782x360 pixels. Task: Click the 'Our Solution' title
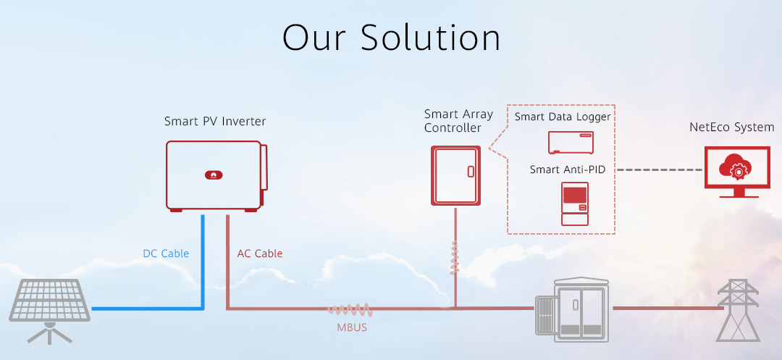392,38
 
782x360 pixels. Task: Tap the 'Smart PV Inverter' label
215,121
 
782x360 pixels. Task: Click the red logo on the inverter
214,175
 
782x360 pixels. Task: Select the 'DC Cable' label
166,254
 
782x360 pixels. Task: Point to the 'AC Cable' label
259,254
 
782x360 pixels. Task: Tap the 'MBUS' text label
352,327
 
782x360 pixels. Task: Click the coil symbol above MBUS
350,309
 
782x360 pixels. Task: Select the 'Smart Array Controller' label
458,121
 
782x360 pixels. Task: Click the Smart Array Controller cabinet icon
456,175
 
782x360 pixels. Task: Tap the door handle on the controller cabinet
471,171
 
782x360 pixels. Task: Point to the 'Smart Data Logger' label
563,117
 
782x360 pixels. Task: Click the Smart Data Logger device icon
571,143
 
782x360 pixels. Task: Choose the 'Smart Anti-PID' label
568,169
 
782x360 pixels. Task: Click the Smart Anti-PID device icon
574,204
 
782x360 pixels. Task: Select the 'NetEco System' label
731,127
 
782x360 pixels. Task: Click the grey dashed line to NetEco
660,170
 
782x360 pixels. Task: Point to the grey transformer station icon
572,309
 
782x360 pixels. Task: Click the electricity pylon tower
738,310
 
